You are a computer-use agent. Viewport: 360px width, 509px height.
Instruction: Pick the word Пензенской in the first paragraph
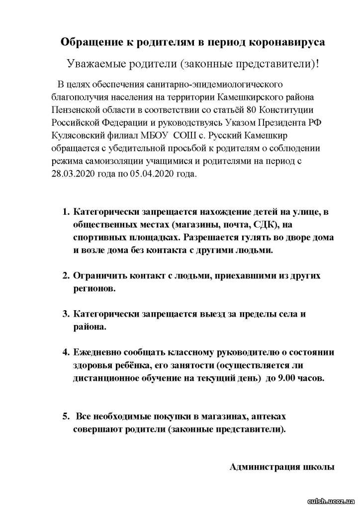[x=77, y=109]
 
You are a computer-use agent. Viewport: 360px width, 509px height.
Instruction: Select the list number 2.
[x=66, y=275]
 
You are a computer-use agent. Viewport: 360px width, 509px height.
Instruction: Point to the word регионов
[x=94, y=288]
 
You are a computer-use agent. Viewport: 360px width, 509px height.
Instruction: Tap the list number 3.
[x=66, y=314]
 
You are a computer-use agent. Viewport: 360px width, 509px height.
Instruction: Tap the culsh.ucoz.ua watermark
[x=331, y=501]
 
